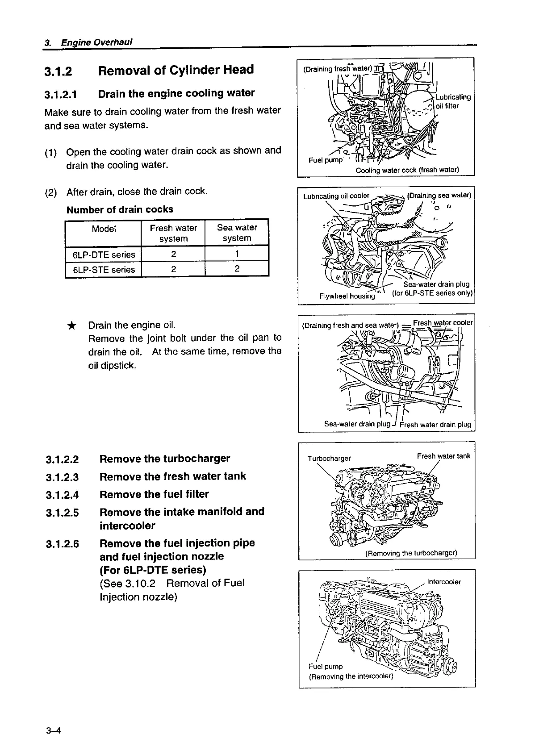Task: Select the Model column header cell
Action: pyautogui.click(x=104, y=229)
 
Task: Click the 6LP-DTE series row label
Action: pyautogui.click(x=104, y=255)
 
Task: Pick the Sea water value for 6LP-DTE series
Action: pyautogui.click(x=237, y=254)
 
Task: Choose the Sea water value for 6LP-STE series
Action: pyautogui.click(x=237, y=269)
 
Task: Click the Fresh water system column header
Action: pyautogui.click(x=173, y=233)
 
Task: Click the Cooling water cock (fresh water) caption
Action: pyautogui.click(x=407, y=170)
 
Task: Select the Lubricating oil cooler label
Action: pyautogui.click(x=336, y=196)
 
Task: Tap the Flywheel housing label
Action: pyautogui.click(x=347, y=296)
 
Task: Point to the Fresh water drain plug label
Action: pyautogui.click(x=435, y=425)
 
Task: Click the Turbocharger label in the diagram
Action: pyautogui.click(x=329, y=459)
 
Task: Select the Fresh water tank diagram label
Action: pyautogui.click(x=443, y=456)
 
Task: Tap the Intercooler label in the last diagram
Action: pyautogui.click(x=444, y=582)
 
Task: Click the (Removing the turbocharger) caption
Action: pyautogui.click(x=411, y=554)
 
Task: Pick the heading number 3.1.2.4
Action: pyautogui.click(x=62, y=495)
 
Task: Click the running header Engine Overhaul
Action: pyautogui.click(x=97, y=42)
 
